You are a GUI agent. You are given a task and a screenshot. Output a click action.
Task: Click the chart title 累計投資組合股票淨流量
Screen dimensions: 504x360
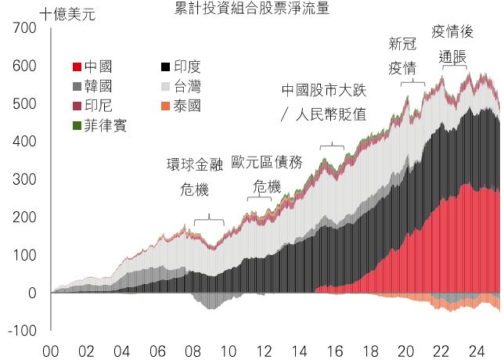[x=252, y=8]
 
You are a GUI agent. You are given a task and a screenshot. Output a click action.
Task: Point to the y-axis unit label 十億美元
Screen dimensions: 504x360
[x=68, y=15]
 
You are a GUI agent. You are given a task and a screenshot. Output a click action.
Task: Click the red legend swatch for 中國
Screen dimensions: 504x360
[x=77, y=67]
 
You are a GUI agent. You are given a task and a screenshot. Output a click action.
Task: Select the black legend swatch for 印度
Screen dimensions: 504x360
[x=165, y=67]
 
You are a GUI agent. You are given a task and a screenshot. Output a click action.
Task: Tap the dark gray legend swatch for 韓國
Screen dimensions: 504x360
[x=77, y=86]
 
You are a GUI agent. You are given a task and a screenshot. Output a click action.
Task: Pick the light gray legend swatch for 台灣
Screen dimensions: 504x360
[x=165, y=86]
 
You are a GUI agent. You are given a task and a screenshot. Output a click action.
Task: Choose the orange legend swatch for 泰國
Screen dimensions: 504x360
[x=165, y=106]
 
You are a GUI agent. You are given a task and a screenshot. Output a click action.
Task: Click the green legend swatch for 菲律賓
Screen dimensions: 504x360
[x=77, y=126]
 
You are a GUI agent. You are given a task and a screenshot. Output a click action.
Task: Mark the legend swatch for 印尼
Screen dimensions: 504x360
[x=77, y=106]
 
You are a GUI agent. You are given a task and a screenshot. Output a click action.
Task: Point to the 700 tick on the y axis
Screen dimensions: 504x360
[x=25, y=28]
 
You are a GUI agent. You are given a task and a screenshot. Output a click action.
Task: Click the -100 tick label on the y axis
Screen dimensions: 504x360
[x=22, y=331]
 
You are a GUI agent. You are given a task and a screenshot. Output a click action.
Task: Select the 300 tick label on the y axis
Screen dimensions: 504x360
[x=25, y=179]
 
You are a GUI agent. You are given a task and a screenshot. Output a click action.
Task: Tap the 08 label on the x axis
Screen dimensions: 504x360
[x=193, y=351]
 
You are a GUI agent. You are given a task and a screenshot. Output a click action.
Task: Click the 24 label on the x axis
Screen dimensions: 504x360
[x=477, y=351]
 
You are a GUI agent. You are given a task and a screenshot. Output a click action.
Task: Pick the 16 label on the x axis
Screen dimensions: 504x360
[x=335, y=351]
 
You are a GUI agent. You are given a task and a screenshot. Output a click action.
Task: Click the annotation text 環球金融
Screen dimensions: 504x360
[x=195, y=164]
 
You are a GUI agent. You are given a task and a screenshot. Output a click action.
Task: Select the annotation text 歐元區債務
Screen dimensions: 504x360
[x=267, y=162]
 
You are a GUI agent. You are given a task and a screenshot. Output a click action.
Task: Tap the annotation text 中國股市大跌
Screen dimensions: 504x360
[x=324, y=91]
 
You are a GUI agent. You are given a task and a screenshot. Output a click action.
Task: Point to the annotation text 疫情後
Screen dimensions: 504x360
[x=452, y=32]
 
